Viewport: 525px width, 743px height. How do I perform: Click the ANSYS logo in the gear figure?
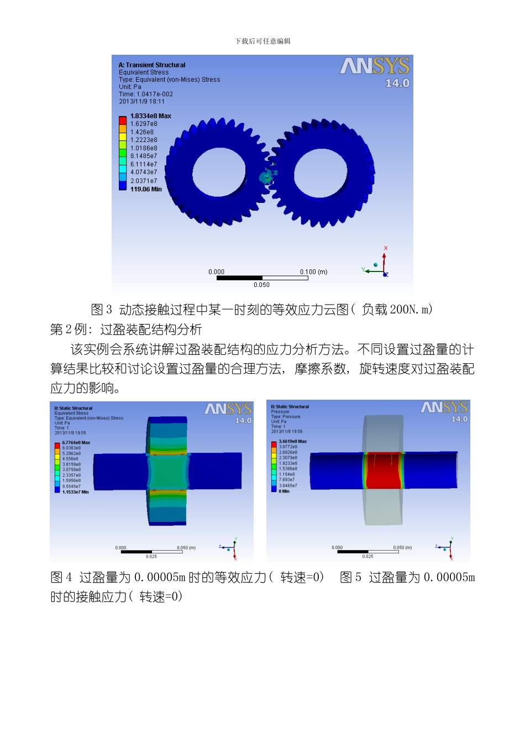click(374, 66)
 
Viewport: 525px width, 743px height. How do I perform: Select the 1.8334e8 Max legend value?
click(150, 116)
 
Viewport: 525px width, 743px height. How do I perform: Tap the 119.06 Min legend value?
click(146, 189)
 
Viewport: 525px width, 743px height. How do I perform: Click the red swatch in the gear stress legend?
click(123, 119)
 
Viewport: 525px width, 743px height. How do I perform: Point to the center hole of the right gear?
click(321, 172)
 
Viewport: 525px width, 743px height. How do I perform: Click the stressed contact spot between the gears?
click(267, 176)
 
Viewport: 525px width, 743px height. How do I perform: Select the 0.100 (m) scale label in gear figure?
click(313, 271)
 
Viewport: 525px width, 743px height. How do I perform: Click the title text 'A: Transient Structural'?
click(152, 65)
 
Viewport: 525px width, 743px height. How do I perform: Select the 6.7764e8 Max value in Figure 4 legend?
click(76, 443)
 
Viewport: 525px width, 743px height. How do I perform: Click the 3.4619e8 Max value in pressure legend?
click(292, 442)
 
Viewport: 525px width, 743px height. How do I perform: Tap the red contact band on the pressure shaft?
click(384, 470)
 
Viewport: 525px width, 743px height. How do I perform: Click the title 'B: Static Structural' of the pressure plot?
click(290, 406)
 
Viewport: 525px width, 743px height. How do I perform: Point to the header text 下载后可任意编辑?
click(262, 41)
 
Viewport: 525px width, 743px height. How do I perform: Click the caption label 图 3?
click(102, 310)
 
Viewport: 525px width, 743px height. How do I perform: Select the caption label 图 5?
click(350, 578)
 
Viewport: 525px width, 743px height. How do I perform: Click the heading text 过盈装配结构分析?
click(151, 330)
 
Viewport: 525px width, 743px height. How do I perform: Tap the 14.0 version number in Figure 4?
click(243, 421)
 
